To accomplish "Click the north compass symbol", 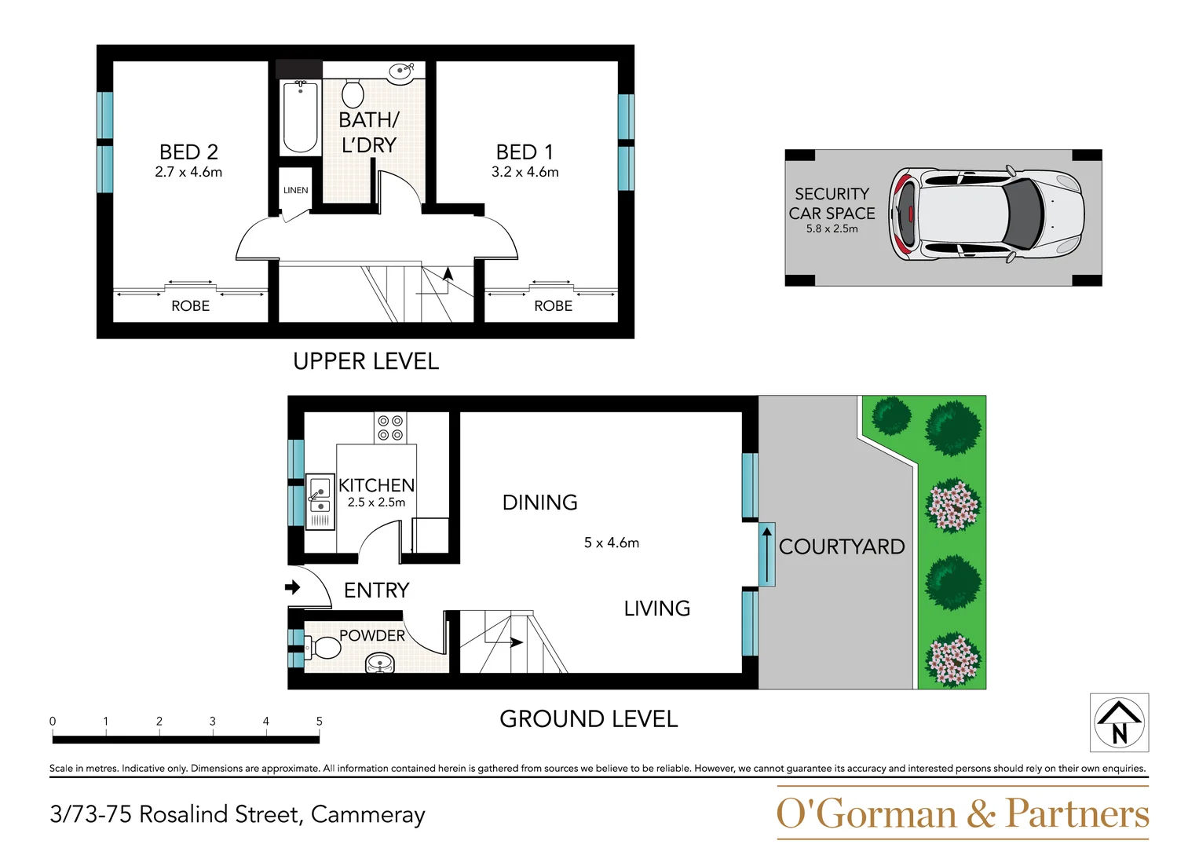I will (1119, 722).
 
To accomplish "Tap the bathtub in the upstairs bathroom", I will (300, 118).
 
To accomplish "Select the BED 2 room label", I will (188, 152).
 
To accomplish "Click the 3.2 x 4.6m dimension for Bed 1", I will (525, 172).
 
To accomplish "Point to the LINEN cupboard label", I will (295, 190).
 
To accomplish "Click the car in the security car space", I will (987, 214).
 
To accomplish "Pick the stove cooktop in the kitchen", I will (390, 428).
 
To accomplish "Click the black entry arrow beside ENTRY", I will (292, 587).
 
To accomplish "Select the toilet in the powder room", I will (324, 649).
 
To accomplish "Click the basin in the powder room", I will (381, 665).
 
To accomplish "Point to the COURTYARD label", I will (841, 546).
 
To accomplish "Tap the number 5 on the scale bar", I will (319, 721).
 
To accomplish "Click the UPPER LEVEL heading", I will (365, 361).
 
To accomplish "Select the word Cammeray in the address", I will (367, 814).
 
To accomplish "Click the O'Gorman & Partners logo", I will (962, 813).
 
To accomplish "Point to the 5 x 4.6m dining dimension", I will (611, 543).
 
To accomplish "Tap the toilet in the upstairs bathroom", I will (353, 93).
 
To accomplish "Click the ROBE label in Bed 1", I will (553, 306).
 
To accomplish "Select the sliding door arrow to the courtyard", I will (766, 554).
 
